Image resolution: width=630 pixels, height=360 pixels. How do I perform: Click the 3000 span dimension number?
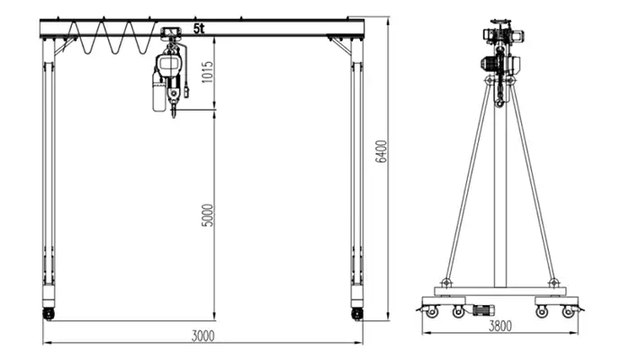[x=203, y=336]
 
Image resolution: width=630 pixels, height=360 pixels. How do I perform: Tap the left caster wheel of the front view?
[x=48, y=313]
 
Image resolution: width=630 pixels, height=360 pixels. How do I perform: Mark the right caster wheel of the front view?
[x=357, y=313]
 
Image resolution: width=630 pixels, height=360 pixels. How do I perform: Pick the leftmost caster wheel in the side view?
[x=433, y=311]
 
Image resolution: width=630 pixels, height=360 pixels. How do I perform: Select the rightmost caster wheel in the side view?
[x=568, y=311]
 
